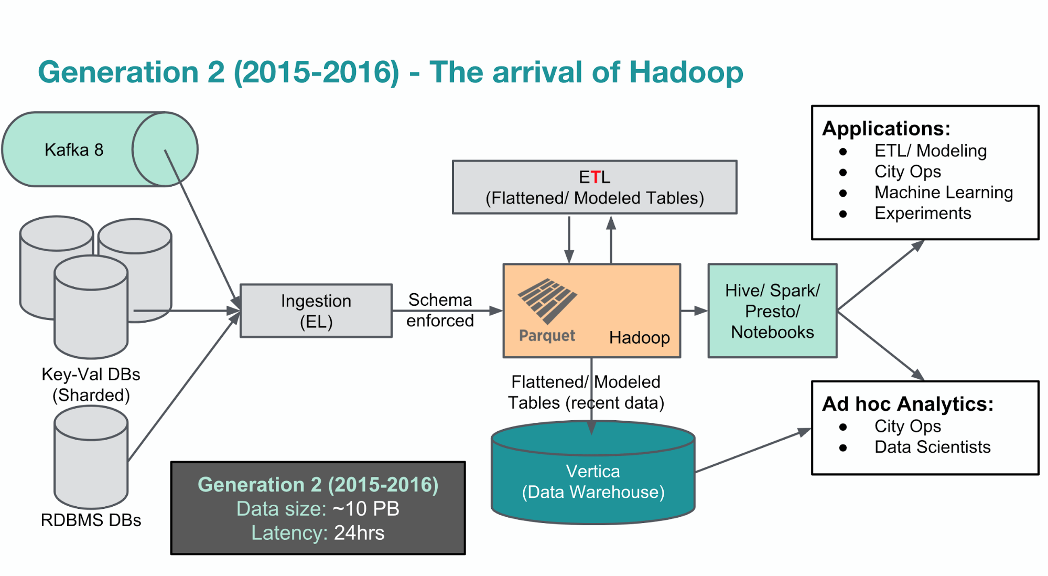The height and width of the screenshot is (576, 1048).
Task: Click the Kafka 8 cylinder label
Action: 74,150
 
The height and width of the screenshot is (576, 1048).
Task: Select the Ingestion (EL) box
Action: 316,311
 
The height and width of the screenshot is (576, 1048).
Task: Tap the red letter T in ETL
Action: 595,177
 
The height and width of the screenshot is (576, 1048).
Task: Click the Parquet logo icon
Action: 547,301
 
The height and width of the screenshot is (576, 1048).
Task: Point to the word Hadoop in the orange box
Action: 639,337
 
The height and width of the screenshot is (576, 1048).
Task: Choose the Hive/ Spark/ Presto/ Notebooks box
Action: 772,311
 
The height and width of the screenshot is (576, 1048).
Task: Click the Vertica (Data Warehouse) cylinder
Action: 593,482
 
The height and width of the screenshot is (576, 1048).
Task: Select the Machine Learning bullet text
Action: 943,193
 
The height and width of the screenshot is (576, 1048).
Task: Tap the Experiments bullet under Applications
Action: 922,214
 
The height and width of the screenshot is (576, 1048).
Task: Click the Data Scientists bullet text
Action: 932,447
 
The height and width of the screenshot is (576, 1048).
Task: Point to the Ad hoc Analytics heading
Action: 907,404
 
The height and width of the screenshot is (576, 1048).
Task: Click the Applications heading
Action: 886,129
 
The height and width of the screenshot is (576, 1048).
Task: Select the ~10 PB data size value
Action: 366,509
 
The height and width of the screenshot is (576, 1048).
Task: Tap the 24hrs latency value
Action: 359,533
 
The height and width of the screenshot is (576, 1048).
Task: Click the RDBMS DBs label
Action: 91,520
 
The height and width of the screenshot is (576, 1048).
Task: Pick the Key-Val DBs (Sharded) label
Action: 91,385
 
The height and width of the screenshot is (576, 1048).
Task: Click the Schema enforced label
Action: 440,310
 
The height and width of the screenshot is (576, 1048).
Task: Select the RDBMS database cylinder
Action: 91,456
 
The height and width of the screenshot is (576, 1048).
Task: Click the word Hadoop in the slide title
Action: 686,72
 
